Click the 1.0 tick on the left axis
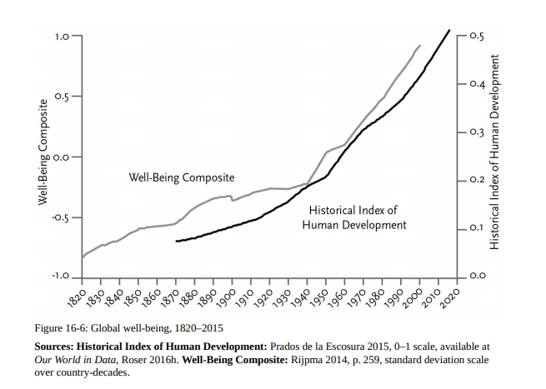(63, 37)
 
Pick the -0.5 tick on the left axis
(61, 217)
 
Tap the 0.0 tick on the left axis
(63, 157)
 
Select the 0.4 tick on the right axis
(477, 83)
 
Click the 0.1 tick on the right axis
(477, 227)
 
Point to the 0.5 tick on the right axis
(477, 36)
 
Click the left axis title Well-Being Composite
(43, 157)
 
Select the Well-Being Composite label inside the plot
(181, 177)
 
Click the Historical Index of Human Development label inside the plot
(354, 217)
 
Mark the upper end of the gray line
(420, 45)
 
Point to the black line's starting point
(176, 241)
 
